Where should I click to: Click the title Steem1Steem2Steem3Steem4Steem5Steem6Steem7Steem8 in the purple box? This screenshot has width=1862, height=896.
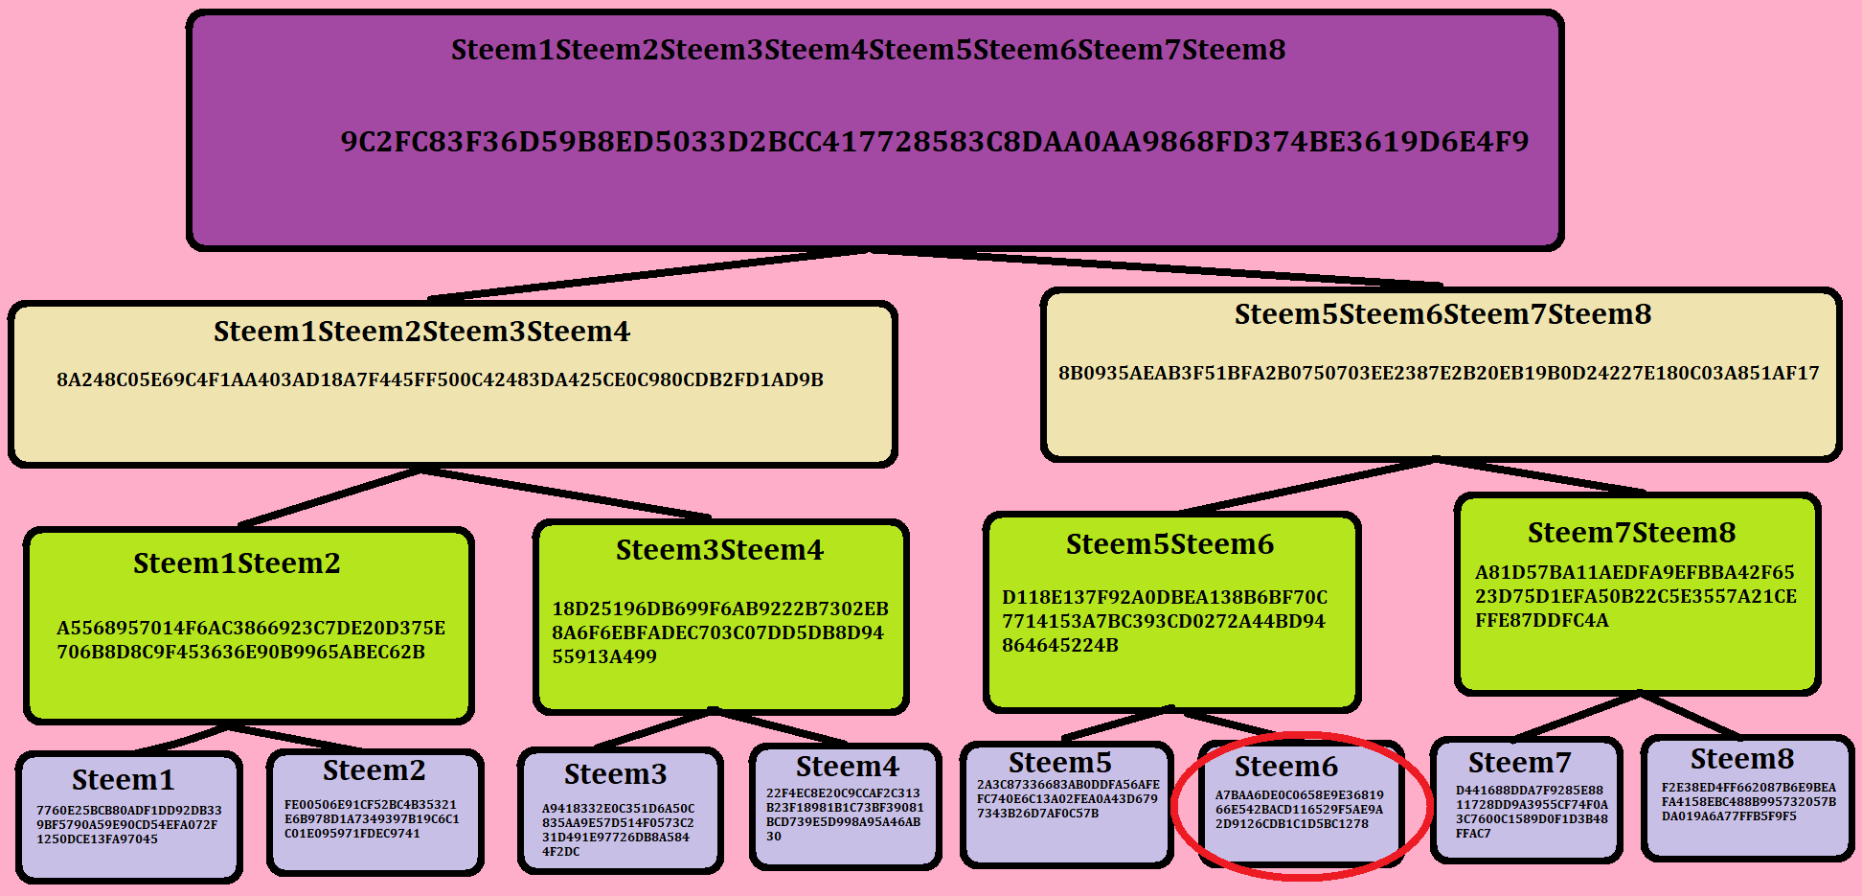[868, 50]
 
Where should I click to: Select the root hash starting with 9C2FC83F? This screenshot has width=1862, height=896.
[935, 142]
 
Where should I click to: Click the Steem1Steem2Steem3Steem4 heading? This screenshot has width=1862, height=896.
[422, 332]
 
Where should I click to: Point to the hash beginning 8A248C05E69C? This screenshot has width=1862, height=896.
[440, 379]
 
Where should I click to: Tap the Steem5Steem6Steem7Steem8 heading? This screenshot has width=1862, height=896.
[1442, 314]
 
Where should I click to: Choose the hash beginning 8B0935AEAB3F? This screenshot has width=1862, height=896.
[1439, 373]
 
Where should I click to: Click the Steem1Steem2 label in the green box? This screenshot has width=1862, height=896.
[237, 563]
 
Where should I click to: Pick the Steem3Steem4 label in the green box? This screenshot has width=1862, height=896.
[719, 550]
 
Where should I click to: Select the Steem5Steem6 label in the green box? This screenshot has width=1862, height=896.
[1169, 544]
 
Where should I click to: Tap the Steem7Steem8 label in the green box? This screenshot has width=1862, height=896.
[1631, 533]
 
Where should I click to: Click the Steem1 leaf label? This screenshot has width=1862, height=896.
[124, 780]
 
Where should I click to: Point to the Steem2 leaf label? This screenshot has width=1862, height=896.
[375, 770]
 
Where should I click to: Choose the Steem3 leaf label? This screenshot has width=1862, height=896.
[616, 774]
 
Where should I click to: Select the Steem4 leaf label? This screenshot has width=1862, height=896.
[848, 767]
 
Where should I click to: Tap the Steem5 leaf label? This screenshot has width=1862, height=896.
[1060, 763]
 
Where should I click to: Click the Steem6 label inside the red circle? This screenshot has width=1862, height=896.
[1286, 767]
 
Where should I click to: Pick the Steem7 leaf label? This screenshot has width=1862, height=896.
[1520, 763]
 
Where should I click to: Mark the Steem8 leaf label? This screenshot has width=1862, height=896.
[1742, 759]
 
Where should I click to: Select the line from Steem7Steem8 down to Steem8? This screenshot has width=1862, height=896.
[1689, 715]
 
